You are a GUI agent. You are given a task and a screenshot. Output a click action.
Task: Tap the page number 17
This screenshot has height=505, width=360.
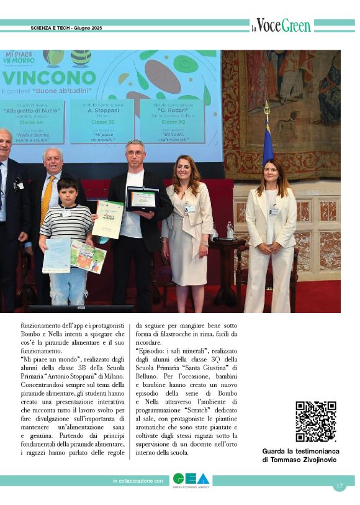(x=339, y=486)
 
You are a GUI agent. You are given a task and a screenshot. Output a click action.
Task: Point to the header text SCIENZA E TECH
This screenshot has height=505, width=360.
(x=50, y=29)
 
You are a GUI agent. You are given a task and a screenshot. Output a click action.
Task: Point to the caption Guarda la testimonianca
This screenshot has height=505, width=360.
(x=299, y=451)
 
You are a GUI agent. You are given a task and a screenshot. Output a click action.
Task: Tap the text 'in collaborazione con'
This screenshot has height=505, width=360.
(x=138, y=481)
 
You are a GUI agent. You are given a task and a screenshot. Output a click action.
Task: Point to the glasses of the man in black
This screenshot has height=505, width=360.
(x=136, y=152)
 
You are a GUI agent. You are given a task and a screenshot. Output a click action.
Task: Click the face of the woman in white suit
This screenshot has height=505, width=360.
(x=271, y=174)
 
